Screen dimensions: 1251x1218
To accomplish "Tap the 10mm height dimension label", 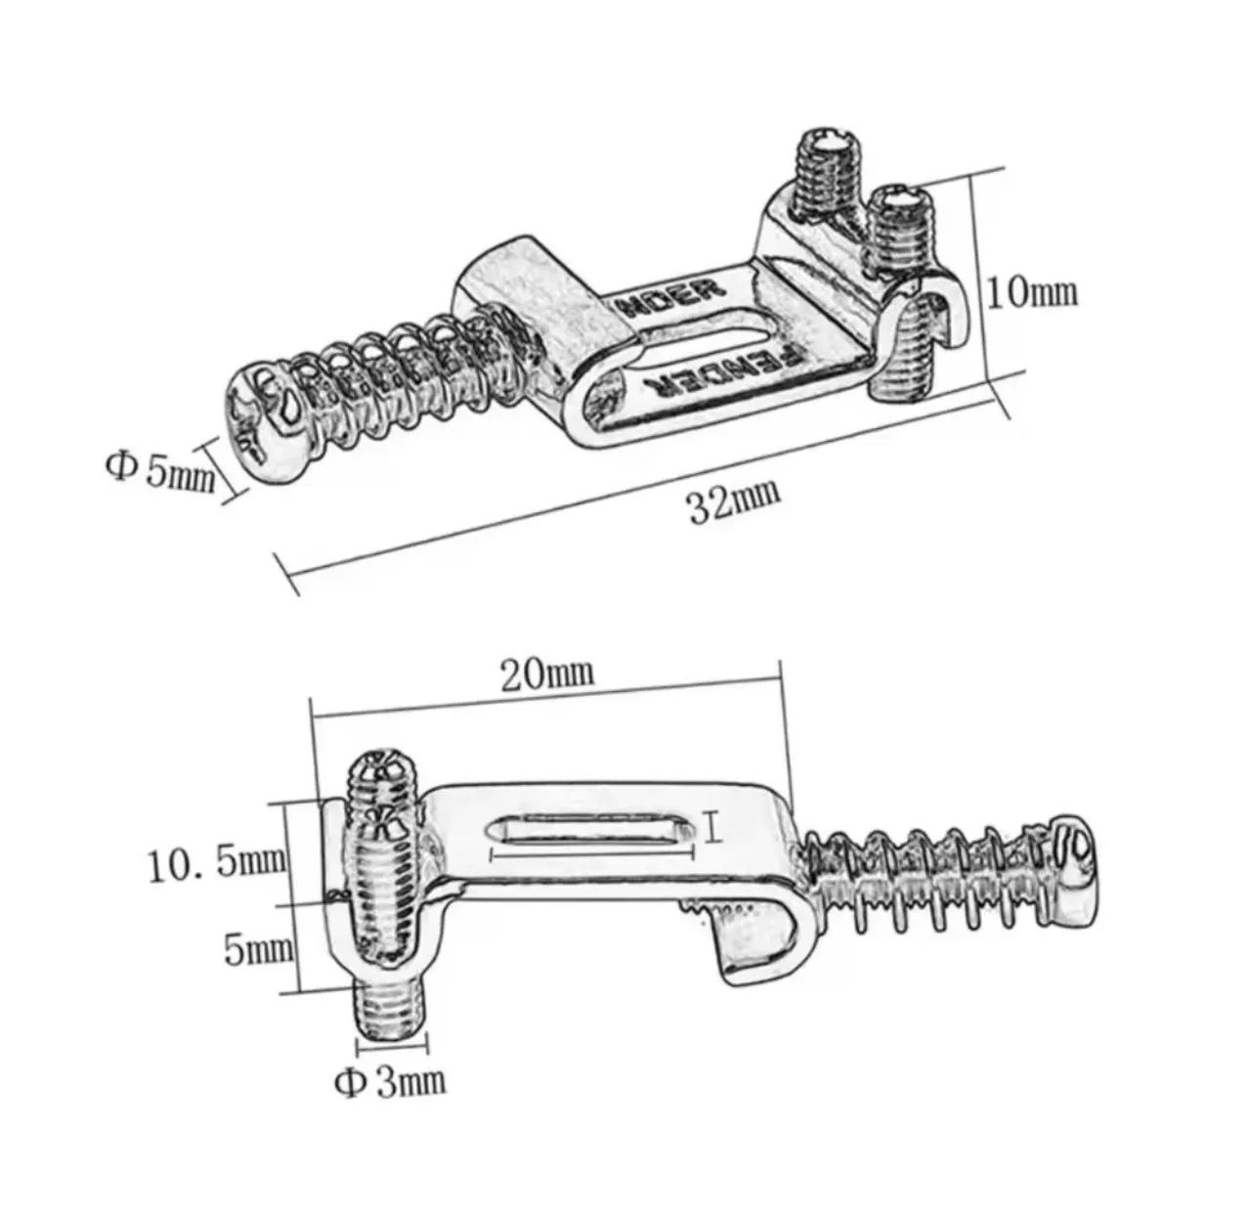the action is pyautogui.click(x=1032, y=293).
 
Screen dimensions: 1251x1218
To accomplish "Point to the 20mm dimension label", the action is pyautogui.click(x=547, y=674).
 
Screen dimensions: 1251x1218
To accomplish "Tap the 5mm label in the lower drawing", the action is pyautogui.click(x=258, y=948).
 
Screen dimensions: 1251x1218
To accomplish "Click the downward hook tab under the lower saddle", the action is pyautogui.click(x=746, y=948).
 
